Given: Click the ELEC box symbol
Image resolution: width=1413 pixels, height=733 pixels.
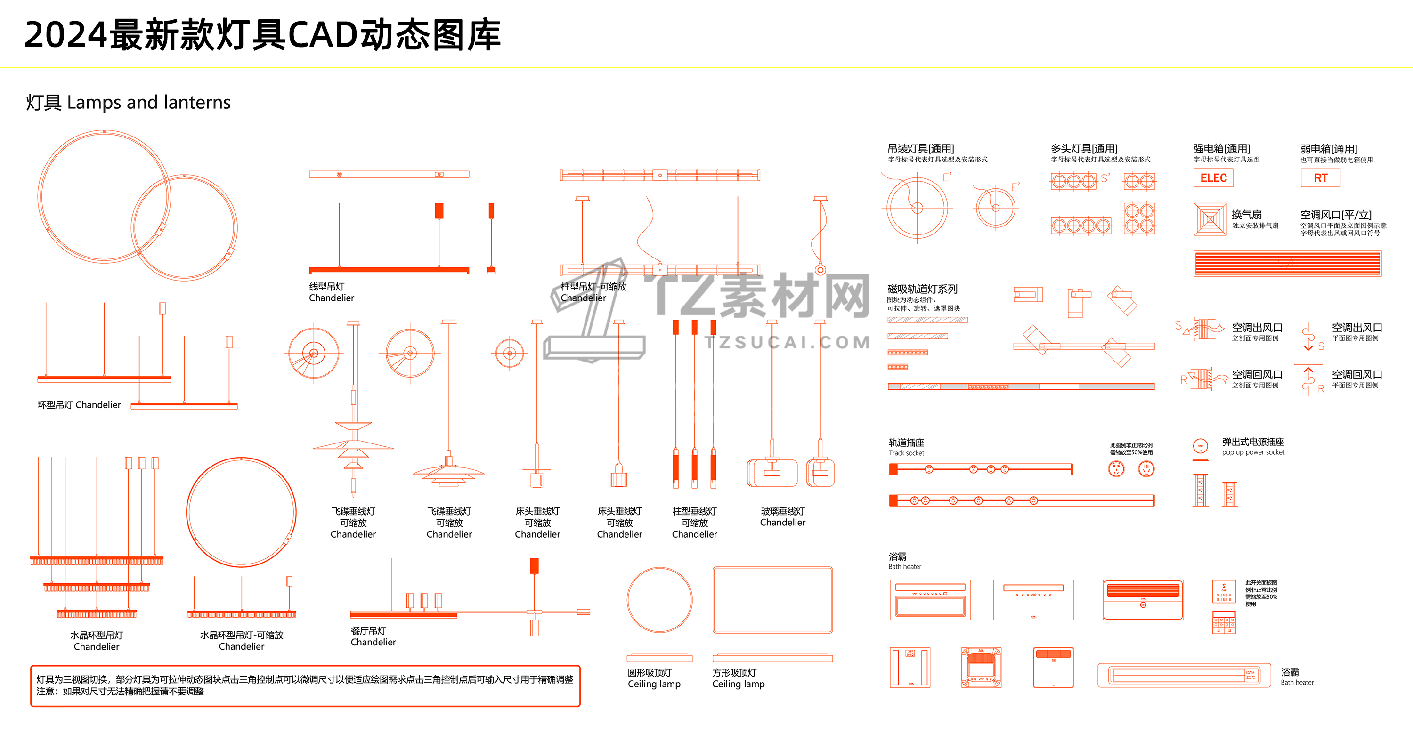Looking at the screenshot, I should (1213, 178).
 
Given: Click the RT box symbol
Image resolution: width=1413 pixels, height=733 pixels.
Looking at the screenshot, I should (1320, 178).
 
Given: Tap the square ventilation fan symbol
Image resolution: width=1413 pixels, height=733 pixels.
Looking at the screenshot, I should (1210, 219).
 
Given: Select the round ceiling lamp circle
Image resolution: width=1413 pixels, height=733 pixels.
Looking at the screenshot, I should (659, 600).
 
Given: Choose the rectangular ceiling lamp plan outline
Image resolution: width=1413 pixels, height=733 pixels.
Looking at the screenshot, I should (772, 600).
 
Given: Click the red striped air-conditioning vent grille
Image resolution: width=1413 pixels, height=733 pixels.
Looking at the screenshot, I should (1287, 264).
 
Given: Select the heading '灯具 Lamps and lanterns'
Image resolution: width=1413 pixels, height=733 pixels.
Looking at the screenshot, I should (129, 103).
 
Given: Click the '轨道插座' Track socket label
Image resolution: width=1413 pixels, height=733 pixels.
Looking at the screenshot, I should (906, 443).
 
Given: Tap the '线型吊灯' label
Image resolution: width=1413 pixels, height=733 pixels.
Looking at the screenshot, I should (327, 287).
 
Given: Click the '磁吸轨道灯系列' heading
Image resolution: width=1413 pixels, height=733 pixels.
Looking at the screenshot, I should (922, 289).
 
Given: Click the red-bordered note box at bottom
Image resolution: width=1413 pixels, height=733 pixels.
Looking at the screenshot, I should (305, 686).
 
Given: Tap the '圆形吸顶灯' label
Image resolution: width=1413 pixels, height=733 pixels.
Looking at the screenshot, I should (650, 673).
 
